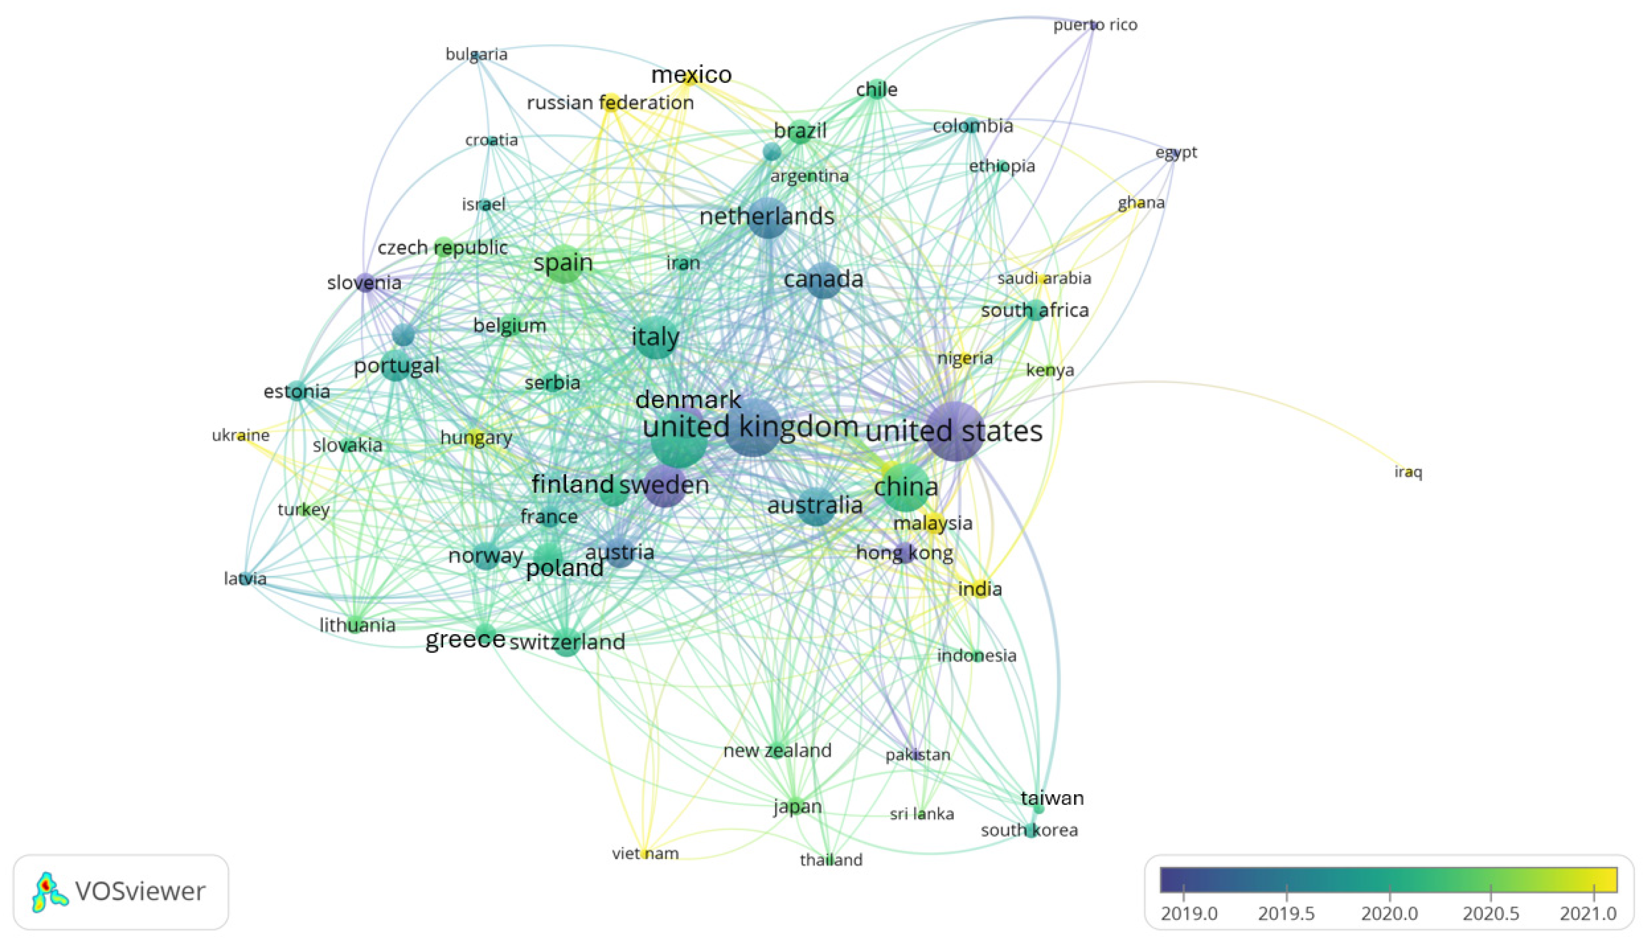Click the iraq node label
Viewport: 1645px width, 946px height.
point(1408,472)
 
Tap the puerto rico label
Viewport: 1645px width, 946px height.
point(1096,25)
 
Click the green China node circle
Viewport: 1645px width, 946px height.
point(906,487)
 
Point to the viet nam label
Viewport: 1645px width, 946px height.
point(645,853)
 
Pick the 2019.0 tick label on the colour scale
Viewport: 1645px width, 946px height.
point(1189,914)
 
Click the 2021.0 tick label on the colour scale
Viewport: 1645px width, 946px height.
point(1588,914)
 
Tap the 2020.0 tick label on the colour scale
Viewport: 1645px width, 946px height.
point(1389,914)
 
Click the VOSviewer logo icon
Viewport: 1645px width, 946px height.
point(49,892)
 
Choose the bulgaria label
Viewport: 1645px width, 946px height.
point(476,54)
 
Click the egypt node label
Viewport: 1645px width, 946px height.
point(1176,152)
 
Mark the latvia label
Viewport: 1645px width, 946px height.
point(245,578)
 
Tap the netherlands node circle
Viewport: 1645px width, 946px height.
point(768,218)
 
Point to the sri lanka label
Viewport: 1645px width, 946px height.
point(921,814)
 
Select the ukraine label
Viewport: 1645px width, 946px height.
point(240,435)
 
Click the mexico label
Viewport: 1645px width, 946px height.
point(691,75)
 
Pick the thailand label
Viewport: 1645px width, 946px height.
point(831,860)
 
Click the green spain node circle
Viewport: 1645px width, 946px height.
point(564,263)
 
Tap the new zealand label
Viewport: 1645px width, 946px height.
point(777,750)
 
